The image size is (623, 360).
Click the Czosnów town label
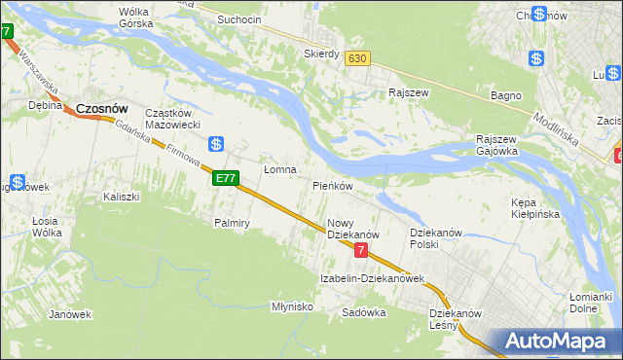[103, 110]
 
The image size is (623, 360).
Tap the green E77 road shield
[225, 178]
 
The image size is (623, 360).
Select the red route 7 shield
[361, 251]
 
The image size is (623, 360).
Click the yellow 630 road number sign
[357, 58]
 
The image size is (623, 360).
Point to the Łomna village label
[279, 169]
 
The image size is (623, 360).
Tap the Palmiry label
[233, 223]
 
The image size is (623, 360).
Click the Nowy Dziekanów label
[351, 229]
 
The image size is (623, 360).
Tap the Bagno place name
[506, 96]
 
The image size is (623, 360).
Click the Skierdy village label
[321, 54]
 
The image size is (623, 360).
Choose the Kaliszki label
[122, 197]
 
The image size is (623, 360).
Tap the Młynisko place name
[292, 306]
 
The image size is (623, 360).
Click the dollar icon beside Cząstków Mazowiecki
[218, 144]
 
